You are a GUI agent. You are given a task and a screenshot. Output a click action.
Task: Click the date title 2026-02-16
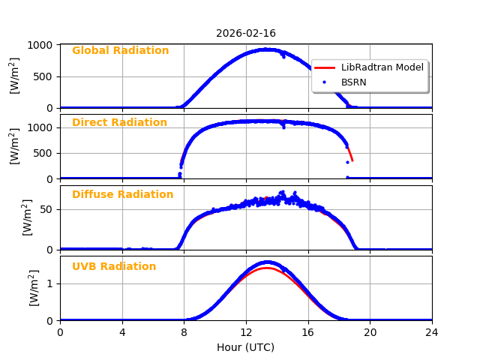point(246,34)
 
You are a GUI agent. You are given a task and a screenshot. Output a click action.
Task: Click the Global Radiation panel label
point(120,51)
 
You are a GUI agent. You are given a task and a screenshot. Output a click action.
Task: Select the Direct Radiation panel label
point(119,123)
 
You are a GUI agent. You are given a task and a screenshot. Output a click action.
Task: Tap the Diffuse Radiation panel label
point(122,195)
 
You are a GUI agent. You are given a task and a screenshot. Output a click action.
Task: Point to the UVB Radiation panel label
point(114,267)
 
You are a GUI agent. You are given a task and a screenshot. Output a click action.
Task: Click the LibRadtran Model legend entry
point(382,67)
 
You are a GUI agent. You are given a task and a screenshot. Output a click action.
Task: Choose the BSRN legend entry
point(353,82)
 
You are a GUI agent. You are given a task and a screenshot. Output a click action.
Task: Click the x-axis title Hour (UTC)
point(246,348)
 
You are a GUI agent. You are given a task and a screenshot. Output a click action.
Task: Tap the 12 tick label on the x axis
point(246,332)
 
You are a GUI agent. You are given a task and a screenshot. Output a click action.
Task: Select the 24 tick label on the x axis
point(432,332)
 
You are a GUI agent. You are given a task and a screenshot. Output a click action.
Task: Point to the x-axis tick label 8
point(184,332)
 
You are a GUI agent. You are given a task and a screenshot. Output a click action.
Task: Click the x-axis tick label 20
point(370,332)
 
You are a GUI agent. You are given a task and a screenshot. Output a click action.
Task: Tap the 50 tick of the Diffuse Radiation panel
point(47,209)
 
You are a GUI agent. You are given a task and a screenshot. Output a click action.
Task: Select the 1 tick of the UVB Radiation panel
point(51,283)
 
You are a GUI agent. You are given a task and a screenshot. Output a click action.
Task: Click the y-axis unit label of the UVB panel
point(34,287)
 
